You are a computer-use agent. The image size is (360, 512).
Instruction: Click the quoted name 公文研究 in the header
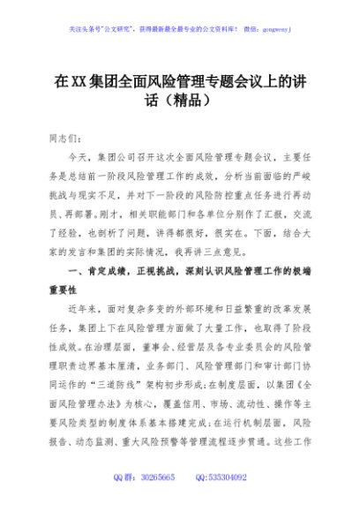click(121, 29)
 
